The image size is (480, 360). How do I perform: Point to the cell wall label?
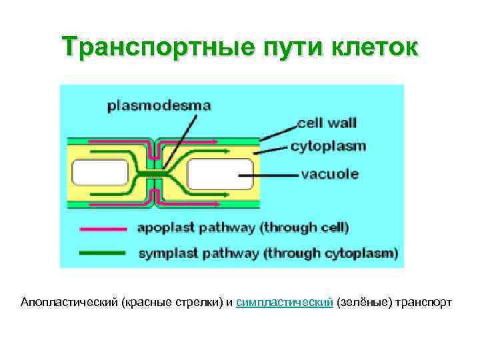point(327,123)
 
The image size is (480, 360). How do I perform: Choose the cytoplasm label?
point(329,146)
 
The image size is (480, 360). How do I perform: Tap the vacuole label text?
point(330,174)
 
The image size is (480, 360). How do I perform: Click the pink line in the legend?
point(103,229)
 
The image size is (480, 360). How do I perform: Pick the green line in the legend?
point(103,253)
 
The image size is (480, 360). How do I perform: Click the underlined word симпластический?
point(285,303)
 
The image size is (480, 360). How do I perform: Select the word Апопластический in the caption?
point(69,303)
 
